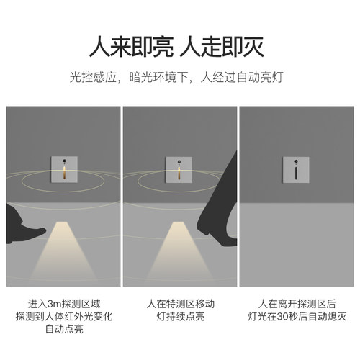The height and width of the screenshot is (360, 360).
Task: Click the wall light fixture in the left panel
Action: tap(63, 168)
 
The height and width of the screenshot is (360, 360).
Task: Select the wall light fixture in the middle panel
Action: tap(179, 168)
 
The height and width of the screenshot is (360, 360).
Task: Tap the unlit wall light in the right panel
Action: tap(295, 168)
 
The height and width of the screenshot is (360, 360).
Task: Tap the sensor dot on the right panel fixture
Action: tap(295, 158)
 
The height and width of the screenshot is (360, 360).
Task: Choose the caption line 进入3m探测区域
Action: tap(63, 303)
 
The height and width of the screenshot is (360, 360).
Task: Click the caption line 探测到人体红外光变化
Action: tap(63, 317)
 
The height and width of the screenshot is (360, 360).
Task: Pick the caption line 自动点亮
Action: tap(63, 330)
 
